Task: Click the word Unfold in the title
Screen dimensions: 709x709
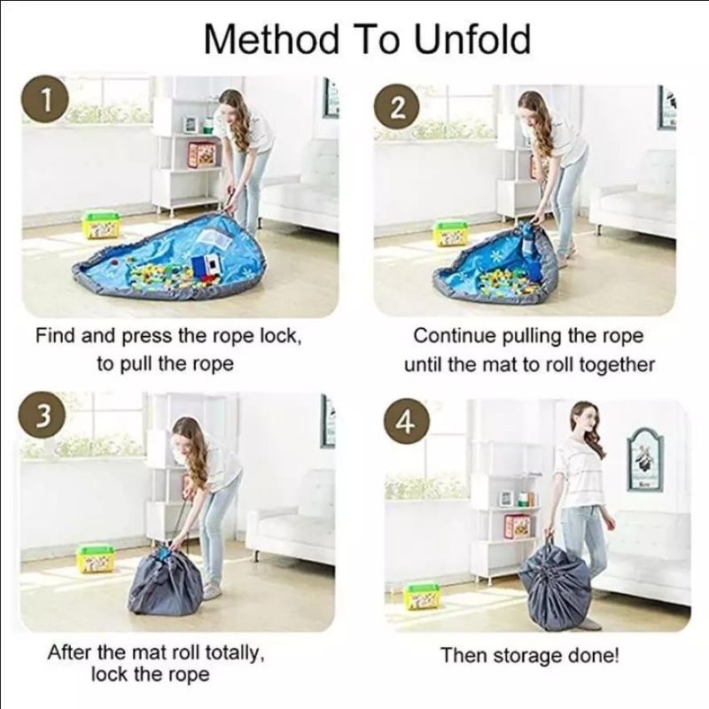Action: (472, 39)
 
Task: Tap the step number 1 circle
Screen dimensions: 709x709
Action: (46, 99)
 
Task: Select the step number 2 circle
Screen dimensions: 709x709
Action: (396, 108)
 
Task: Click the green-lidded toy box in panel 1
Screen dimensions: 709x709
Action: (101, 225)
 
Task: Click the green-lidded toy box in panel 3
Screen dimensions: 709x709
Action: (96, 558)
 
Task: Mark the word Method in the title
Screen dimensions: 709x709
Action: (271, 39)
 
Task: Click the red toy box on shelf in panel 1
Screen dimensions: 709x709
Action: (202, 153)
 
